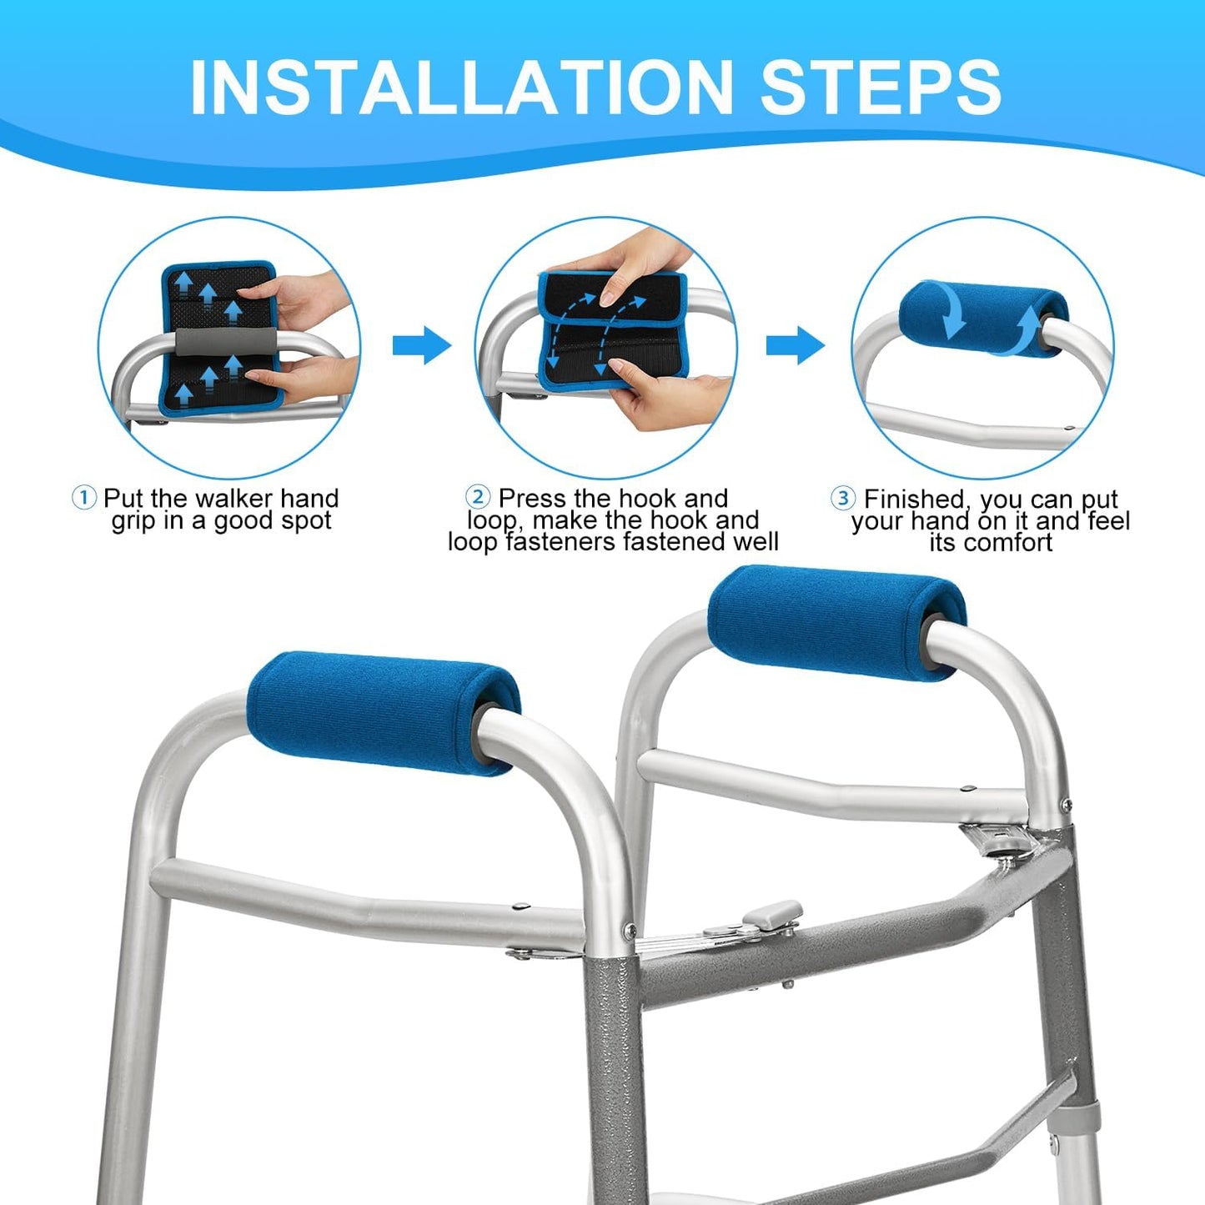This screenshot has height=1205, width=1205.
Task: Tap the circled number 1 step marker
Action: coord(84,499)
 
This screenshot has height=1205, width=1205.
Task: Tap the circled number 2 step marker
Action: coord(478,498)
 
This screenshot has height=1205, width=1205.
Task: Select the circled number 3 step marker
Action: coord(843,499)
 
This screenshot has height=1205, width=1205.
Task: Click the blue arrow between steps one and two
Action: coord(422,344)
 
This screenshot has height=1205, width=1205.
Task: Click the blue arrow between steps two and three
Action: coord(796,344)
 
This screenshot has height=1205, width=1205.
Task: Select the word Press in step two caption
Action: coord(534,499)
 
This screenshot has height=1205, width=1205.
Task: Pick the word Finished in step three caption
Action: coord(918,500)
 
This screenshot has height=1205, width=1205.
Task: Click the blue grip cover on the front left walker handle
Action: coord(384,713)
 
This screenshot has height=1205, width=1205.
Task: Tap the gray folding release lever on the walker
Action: coord(773,914)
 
